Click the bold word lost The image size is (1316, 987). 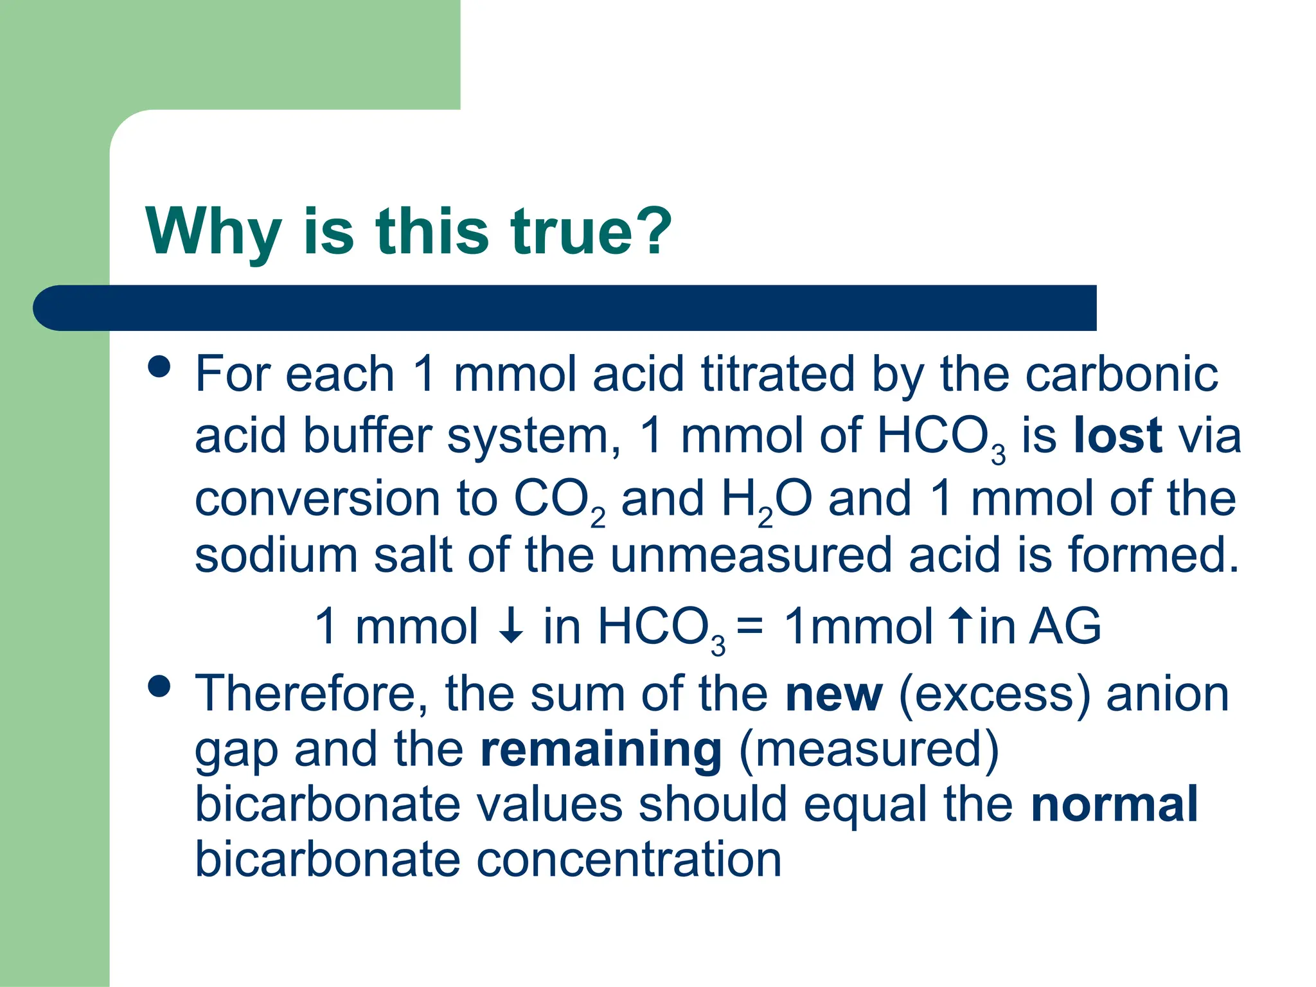[1117, 436]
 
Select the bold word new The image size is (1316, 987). [833, 695]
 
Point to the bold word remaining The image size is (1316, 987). [601, 750]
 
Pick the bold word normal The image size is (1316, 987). [1114, 804]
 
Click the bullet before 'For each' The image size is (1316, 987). [159, 367]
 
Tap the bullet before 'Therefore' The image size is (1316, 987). [159, 686]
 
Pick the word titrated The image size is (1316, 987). [778, 374]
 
